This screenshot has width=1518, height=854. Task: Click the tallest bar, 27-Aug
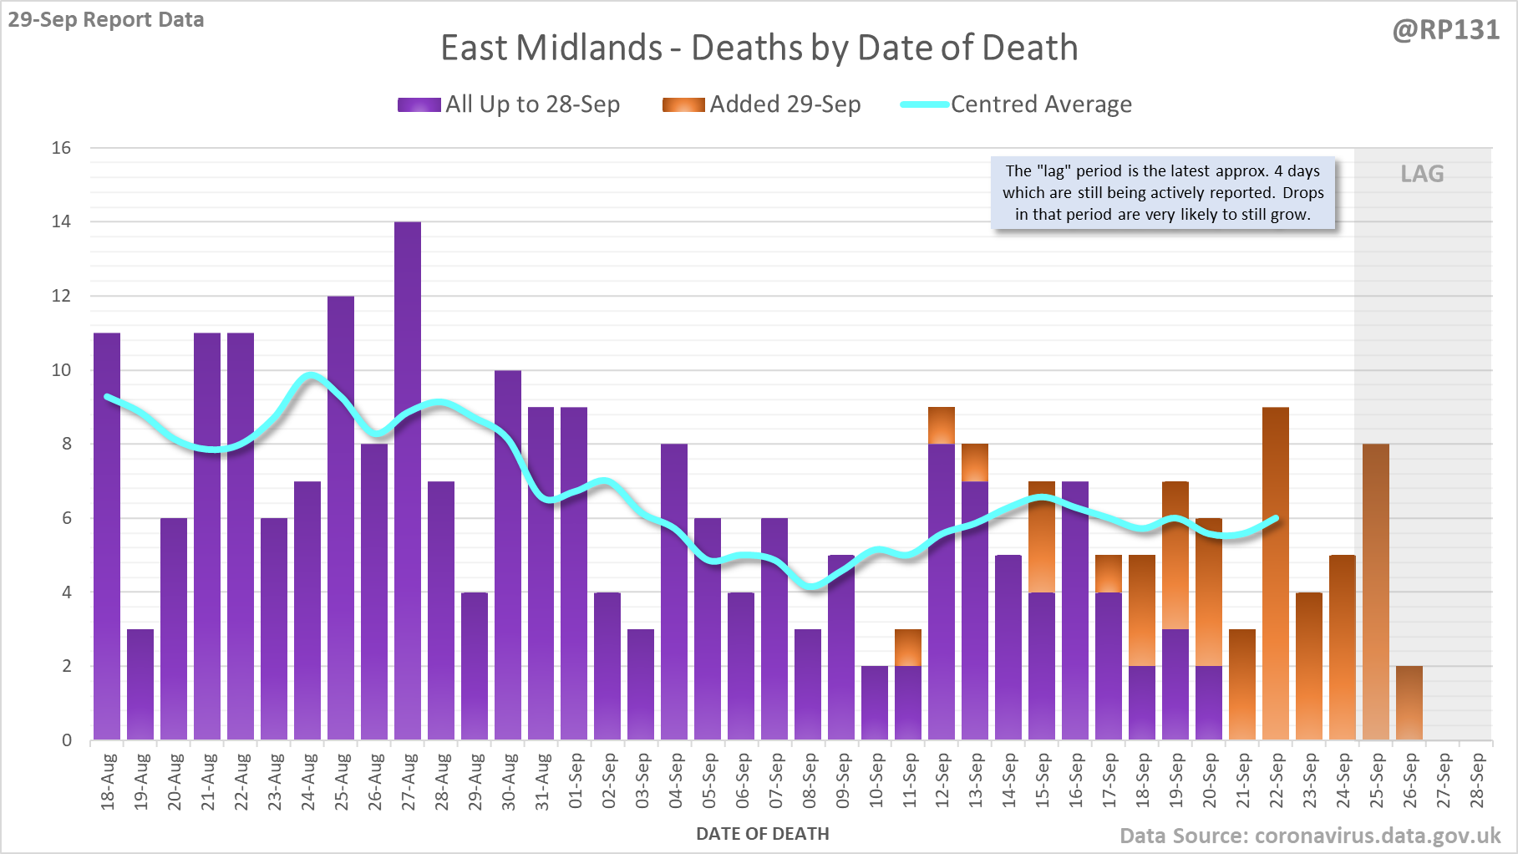(408, 480)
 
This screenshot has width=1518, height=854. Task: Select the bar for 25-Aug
(341, 518)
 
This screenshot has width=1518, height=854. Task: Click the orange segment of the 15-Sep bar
(1042, 536)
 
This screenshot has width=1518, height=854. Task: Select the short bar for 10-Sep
(875, 703)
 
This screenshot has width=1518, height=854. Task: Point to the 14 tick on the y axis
(61, 221)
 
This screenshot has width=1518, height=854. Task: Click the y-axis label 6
(66, 518)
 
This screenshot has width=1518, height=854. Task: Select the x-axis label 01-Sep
(575, 781)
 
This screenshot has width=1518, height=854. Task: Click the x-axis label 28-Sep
(1477, 781)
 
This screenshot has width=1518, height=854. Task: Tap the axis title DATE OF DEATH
(762, 834)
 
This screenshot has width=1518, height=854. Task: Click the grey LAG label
(1422, 174)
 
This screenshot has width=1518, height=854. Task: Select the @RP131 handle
(1445, 30)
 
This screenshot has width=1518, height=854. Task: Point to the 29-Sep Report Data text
(106, 19)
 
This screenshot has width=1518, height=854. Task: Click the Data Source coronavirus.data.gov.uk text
(1309, 836)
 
